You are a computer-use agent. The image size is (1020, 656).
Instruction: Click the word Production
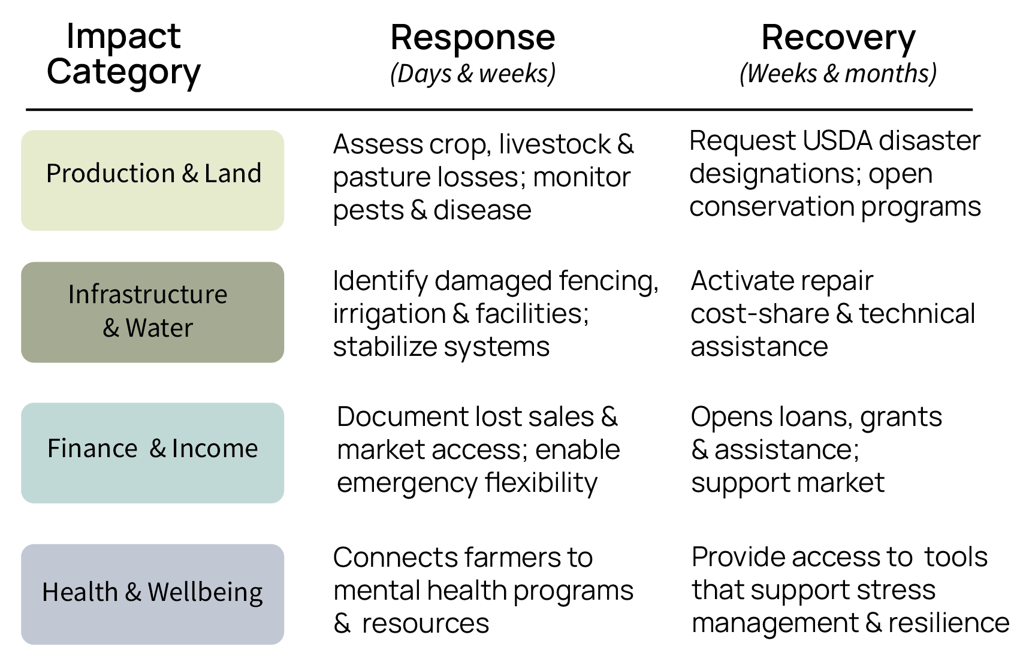click(110, 174)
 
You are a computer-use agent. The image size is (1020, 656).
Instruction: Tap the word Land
click(233, 174)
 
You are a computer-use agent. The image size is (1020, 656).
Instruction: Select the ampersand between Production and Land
click(190, 174)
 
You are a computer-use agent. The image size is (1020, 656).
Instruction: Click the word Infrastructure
click(147, 295)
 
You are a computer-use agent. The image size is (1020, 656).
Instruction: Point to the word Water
click(159, 328)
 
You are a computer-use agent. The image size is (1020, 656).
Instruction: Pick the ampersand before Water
click(111, 328)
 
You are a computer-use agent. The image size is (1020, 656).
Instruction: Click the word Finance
click(92, 449)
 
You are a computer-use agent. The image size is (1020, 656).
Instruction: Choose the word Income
click(215, 449)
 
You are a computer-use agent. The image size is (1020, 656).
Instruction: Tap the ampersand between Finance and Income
click(158, 449)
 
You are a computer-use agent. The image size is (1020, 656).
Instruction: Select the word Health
click(80, 592)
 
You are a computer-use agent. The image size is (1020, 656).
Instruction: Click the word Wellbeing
click(205, 592)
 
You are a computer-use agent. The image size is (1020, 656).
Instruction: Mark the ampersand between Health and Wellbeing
click(133, 592)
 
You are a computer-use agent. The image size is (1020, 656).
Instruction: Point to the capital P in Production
click(53, 174)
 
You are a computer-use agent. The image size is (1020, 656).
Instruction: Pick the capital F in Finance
click(53, 449)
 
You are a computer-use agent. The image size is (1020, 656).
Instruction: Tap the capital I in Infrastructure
click(71, 295)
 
